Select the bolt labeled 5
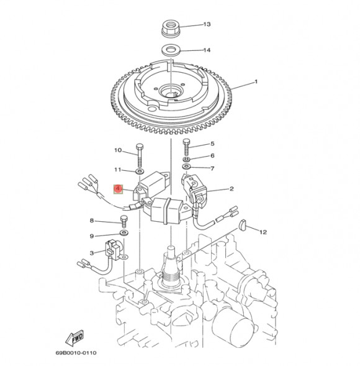click(x=186, y=148)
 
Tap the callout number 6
click(x=212, y=156)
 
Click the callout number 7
click(x=212, y=168)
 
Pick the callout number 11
click(x=118, y=170)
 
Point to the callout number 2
click(x=231, y=190)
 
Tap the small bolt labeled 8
click(x=124, y=221)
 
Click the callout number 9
click(x=92, y=236)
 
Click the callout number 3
click(x=92, y=253)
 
